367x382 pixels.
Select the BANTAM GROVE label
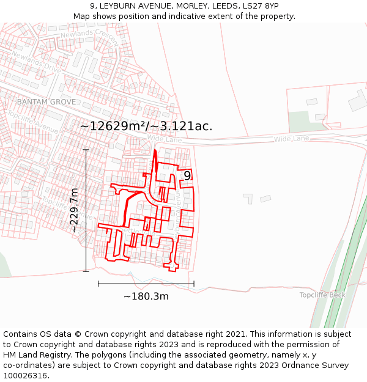coord(46,101)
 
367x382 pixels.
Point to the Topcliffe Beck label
coord(322,295)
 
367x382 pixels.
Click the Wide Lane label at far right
coord(291,139)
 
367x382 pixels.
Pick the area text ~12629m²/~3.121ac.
coord(146,127)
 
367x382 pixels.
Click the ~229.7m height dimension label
coord(74,210)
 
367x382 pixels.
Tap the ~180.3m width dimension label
coord(146,296)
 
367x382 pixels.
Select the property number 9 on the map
coord(187,176)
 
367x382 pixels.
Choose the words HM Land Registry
coord(35,354)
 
